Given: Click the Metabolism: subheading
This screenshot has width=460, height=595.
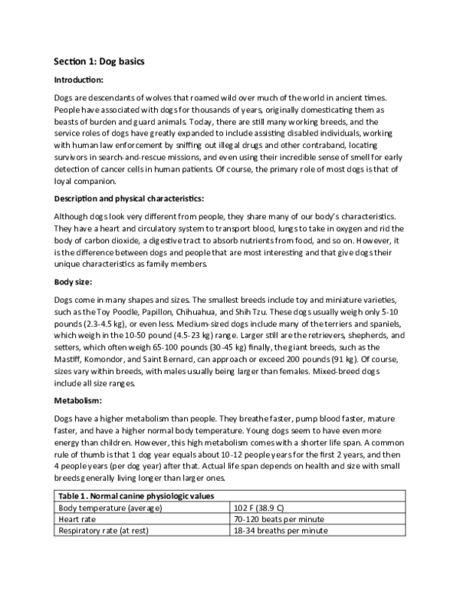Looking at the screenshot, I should (79, 400).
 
